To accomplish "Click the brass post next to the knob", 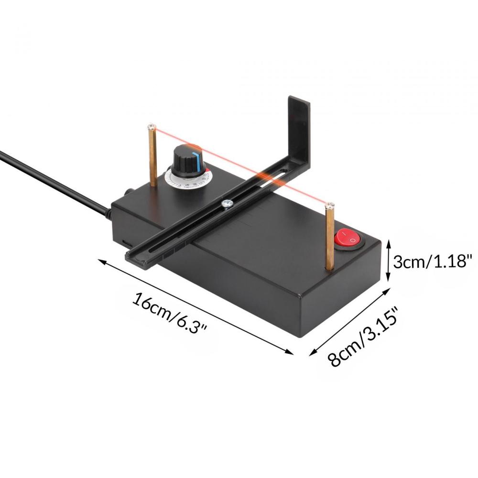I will coord(153,158).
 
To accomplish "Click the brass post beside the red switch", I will coord(330,239).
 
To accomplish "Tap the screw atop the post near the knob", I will coord(152,126).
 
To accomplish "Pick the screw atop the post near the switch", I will coord(329,206).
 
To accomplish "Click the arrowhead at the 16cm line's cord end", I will coord(101,261).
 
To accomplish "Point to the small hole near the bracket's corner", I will coord(285,169).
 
